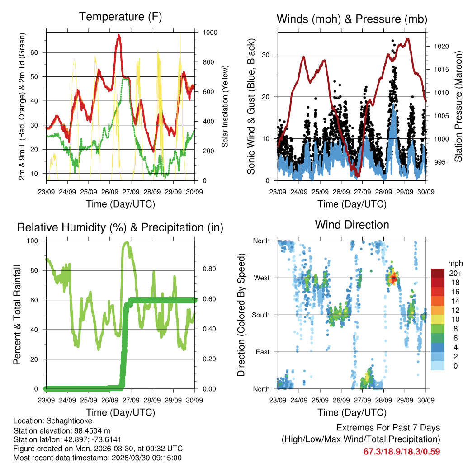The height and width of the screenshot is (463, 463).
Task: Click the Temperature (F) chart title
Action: (120, 17)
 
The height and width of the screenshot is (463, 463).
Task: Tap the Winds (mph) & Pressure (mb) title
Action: (352, 19)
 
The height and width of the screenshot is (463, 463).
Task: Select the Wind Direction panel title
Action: (352, 225)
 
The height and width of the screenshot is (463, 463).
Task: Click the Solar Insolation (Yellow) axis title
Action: (225, 106)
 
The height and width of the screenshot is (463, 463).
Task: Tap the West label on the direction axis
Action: (261, 278)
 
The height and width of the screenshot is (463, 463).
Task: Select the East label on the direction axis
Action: (262, 352)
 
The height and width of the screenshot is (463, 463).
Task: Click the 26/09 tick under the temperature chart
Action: (110, 192)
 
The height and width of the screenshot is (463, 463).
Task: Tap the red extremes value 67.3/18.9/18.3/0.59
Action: (402, 451)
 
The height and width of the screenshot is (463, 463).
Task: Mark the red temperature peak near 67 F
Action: (119, 36)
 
